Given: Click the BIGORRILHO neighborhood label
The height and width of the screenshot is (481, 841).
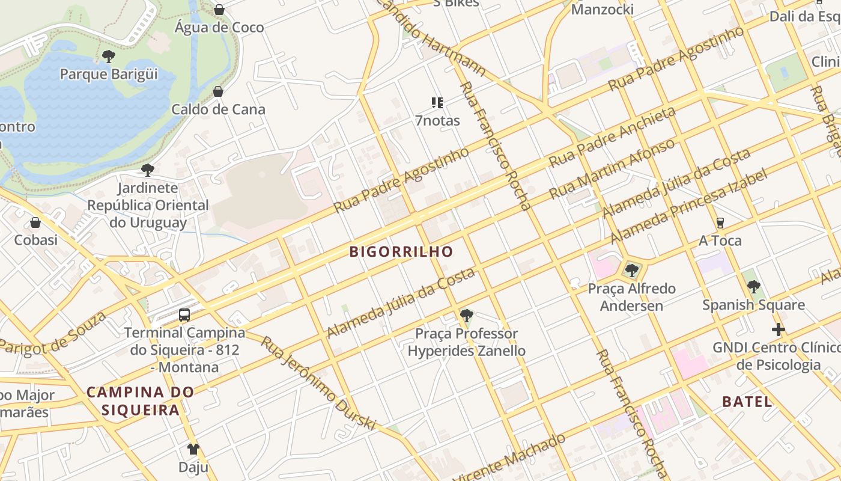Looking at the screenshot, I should (x=401, y=251).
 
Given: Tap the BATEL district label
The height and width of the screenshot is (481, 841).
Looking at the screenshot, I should (x=747, y=402).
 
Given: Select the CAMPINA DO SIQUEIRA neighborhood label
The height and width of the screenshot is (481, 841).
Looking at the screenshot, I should (x=140, y=401).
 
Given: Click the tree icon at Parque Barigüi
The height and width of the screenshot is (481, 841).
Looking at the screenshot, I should (x=109, y=57).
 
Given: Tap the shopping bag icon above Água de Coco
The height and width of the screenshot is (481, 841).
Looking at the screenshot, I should (x=219, y=10).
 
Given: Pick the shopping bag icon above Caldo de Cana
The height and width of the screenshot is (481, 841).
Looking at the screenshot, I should (x=218, y=91).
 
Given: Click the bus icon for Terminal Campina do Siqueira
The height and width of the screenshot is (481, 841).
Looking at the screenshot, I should (x=184, y=315).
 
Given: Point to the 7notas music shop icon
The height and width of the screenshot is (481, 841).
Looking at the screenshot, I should (x=437, y=103).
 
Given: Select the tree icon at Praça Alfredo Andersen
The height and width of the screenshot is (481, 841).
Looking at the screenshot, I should (x=631, y=271).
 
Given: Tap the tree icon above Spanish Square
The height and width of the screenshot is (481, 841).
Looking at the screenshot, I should (x=754, y=287).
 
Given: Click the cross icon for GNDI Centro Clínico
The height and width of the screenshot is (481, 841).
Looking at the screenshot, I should (x=779, y=329).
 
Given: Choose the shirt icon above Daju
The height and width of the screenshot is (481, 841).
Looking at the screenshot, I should (x=193, y=449).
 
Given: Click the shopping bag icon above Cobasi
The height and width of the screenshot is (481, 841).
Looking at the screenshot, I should (x=35, y=222).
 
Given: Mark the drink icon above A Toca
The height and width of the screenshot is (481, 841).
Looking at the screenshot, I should (x=720, y=223).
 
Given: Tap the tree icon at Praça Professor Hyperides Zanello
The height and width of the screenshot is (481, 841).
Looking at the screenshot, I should (x=466, y=315).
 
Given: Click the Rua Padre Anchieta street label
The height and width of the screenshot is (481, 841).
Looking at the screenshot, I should (x=612, y=138).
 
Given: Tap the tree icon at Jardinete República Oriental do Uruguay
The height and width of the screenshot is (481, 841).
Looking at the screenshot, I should (x=148, y=170).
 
